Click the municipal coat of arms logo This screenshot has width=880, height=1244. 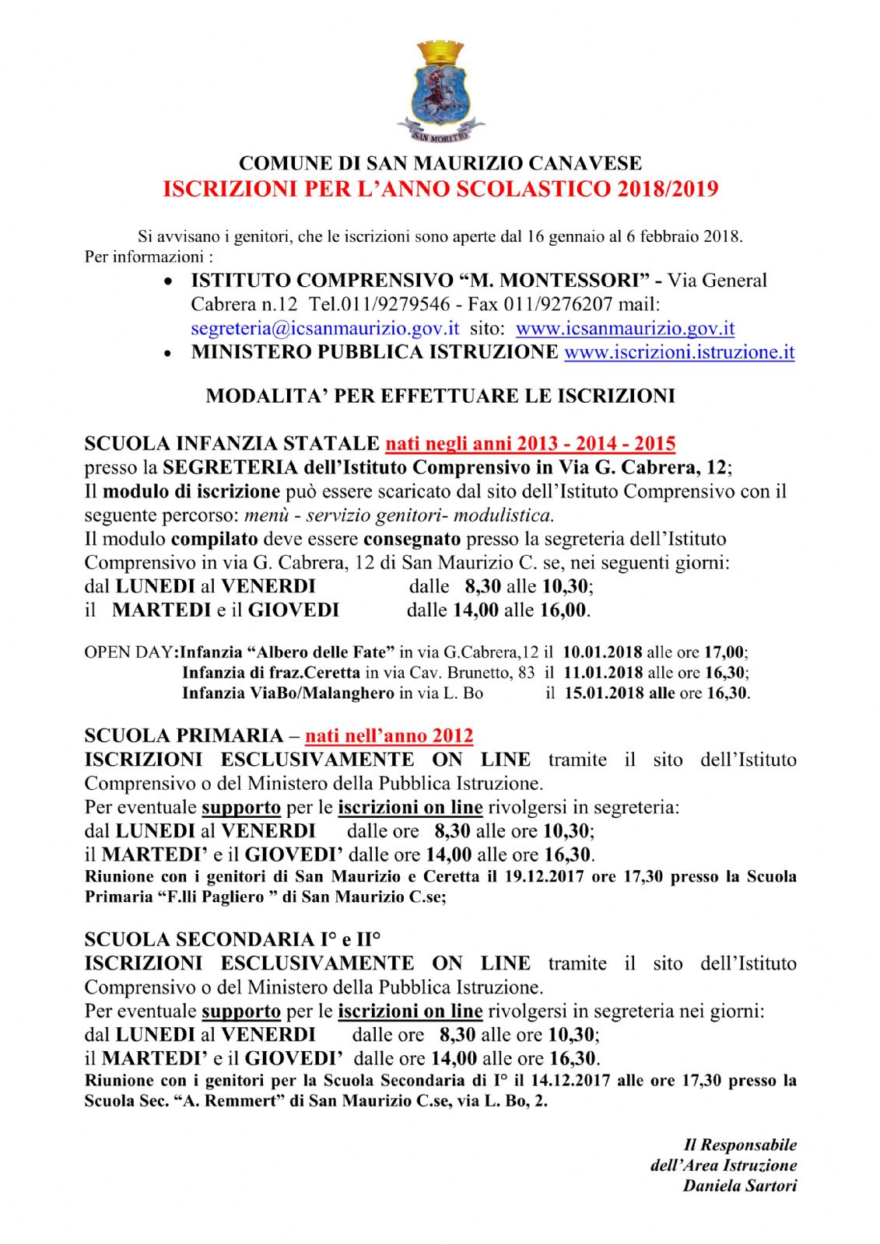pos(440,92)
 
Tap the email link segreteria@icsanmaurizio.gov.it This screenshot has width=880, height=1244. pos(324,329)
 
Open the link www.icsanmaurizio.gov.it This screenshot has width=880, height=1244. pos(625,329)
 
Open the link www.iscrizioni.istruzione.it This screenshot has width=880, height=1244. pos(678,352)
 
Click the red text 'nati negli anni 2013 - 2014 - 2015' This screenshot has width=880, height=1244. pos(530,444)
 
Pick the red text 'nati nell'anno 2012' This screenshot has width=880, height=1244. pos(388,736)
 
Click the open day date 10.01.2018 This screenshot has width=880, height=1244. pos(602,652)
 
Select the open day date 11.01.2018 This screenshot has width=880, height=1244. pos(603,673)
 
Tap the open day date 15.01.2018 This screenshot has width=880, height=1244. pos(603,693)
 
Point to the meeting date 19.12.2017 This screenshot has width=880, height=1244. pos(544,877)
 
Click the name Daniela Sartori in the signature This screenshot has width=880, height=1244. pos(739,1186)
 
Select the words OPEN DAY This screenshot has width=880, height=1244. pos(129,652)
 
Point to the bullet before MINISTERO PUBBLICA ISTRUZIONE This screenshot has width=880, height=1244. pos(167,354)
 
